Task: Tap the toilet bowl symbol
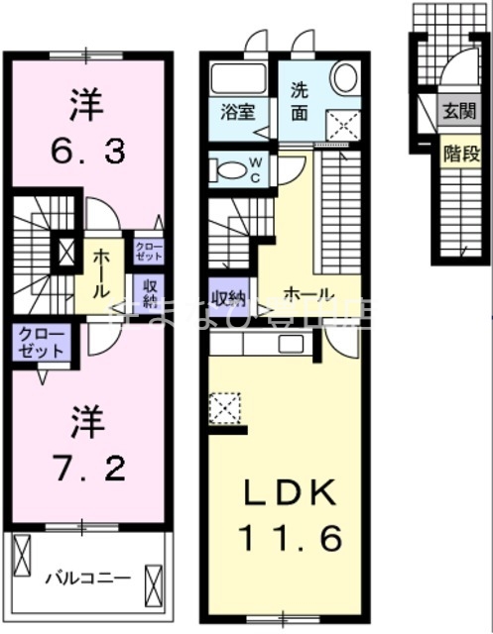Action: (231, 170)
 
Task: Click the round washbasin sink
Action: (345, 78)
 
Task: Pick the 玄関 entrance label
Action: (458, 111)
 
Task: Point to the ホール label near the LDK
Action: (308, 294)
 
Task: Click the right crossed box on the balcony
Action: (152, 577)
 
